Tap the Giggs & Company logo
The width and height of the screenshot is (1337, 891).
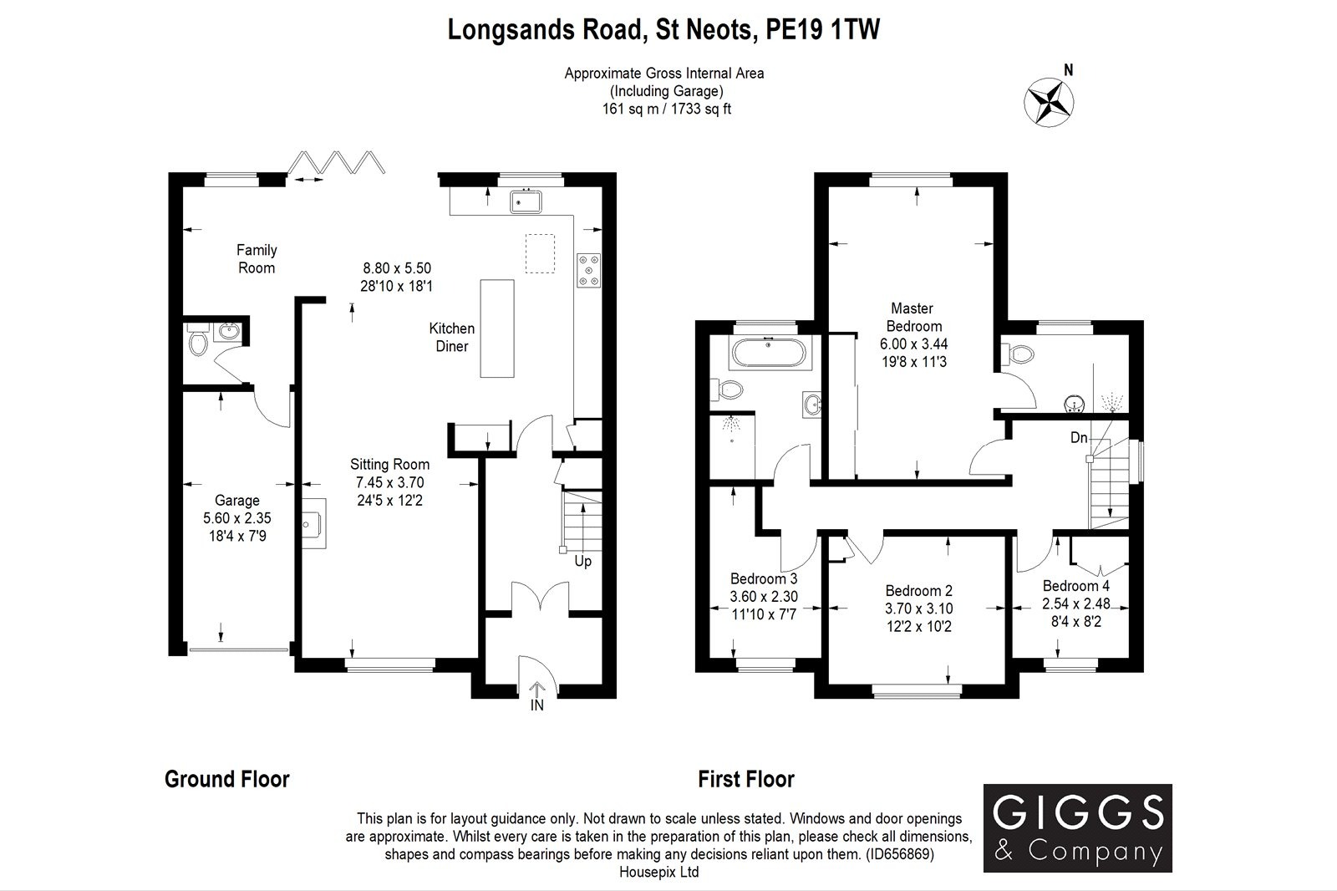[1077, 827]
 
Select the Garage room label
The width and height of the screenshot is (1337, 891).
[237, 501]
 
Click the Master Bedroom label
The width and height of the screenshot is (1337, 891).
[912, 318]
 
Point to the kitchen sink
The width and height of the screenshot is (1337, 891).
[528, 201]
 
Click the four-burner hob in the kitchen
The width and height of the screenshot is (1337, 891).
[589, 270]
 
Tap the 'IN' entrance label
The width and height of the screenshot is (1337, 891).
[536, 705]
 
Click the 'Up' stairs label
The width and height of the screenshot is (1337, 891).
[582, 562]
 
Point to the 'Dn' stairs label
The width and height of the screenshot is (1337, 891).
[1080, 437]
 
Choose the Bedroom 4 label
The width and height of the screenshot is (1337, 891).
[1075, 586]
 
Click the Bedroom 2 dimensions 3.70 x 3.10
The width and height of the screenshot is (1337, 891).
[919, 608]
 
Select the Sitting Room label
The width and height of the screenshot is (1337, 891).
[389, 465]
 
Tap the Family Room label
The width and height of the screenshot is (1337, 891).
[257, 259]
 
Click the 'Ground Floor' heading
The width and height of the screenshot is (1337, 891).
[227, 780]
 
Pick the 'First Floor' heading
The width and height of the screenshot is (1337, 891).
[746, 780]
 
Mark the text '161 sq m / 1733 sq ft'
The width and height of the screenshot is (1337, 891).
[666, 109]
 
